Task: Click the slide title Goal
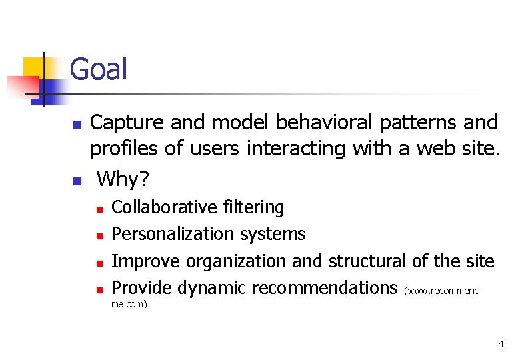(98, 69)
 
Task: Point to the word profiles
(125, 149)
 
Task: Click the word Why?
(123, 179)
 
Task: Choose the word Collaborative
(164, 207)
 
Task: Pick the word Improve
(146, 261)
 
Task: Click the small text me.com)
(129, 304)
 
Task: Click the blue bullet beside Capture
(77, 125)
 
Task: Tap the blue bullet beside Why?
(77, 181)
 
